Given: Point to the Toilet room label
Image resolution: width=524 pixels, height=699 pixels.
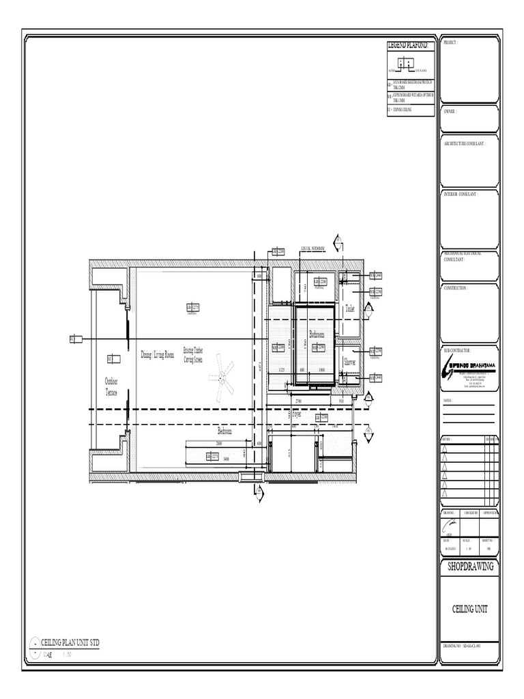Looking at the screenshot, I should click(350, 309).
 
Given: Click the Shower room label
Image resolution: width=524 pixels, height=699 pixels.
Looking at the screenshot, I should click(350, 362).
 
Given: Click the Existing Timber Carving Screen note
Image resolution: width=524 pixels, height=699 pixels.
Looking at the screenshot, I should click(193, 354).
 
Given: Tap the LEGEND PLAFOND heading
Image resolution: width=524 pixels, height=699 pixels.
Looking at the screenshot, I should click(408, 45).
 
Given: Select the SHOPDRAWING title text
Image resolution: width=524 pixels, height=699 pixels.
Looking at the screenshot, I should click(469, 567).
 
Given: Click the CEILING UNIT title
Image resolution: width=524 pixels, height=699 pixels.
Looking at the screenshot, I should click(469, 609).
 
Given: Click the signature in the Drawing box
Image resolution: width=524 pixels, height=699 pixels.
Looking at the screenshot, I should click(450, 524).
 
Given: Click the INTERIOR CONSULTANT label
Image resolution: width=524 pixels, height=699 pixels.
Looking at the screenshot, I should click(461, 194).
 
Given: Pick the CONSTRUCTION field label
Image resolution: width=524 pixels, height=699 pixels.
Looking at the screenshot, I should click(456, 288).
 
